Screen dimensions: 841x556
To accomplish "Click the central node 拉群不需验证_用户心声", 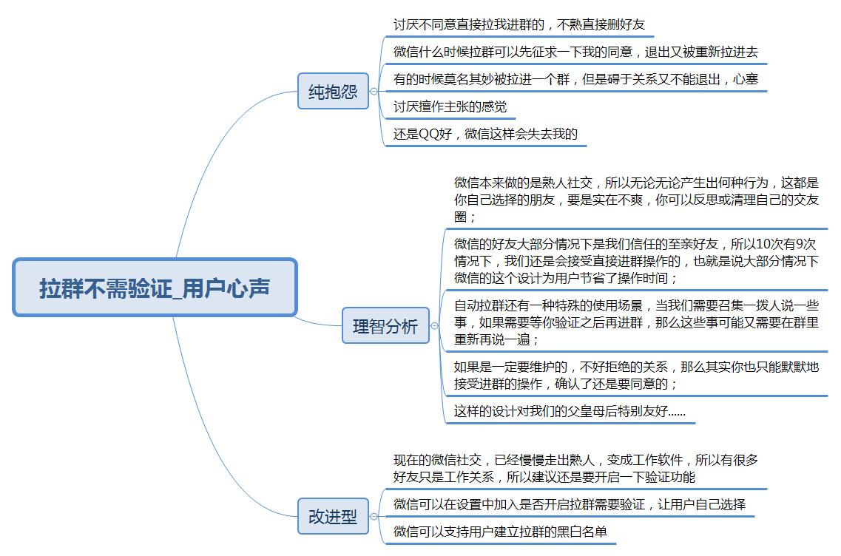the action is pyautogui.click(x=155, y=288).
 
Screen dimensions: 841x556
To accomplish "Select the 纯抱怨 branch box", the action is pyautogui.click(x=333, y=91).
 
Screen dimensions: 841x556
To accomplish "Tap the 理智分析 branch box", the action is pyautogui.click(x=385, y=325).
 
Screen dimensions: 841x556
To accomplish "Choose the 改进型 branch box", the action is pyautogui.click(x=333, y=516).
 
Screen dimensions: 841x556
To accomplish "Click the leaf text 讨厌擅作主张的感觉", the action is pyautogui.click(x=450, y=106).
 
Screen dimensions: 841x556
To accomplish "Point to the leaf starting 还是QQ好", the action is pyautogui.click(x=485, y=134).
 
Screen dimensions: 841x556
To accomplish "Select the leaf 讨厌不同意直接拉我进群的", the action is pyautogui.click(x=519, y=24).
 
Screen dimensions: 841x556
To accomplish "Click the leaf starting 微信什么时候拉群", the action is pyautogui.click(x=575, y=52).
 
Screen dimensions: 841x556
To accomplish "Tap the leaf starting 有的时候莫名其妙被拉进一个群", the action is pyautogui.click(x=575, y=79).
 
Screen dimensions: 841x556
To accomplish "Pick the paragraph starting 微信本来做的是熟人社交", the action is pyautogui.click(x=636, y=200).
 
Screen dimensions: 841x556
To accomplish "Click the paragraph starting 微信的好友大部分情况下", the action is pyautogui.click(x=636, y=261).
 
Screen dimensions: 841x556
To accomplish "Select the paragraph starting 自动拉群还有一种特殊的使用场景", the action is pyautogui.click(x=636, y=322).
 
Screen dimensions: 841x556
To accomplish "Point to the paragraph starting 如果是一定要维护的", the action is pyautogui.click(x=636, y=376).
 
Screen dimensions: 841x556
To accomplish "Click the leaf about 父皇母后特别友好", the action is pyautogui.click(x=570, y=411).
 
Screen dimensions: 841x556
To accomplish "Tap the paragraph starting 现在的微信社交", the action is pyautogui.click(x=575, y=468).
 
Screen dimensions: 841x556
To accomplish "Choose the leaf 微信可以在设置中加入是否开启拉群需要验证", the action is pyautogui.click(x=569, y=504).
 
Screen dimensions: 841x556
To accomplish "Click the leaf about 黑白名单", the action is pyautogui.click(x=500, y=532).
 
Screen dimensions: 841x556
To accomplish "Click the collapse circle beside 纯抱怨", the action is pyautogui.click(x=374, y=92).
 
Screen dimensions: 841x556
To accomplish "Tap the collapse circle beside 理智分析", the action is pyautogui.click(x=434, y=326).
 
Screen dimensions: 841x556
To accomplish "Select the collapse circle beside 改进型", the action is pyautogui.click(x=374, y=517).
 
